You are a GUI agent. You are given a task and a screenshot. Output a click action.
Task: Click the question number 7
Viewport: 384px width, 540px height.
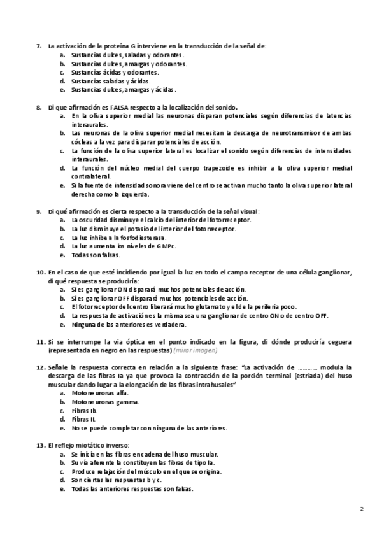[38, 46]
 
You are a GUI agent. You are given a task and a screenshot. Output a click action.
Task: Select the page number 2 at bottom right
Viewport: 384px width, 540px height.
[362, 509]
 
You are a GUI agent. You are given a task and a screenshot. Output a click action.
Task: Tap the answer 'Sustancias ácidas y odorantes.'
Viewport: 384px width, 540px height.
[115, 73]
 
